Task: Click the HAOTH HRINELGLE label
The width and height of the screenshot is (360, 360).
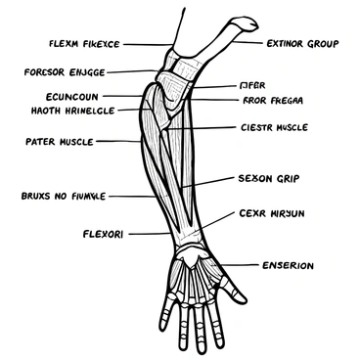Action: tap(59, 111)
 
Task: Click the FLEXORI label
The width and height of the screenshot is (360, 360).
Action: tap(101, 234)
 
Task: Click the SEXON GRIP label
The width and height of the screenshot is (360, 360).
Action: tap(268, 179)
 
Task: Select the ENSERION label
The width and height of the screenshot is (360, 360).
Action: tap(288, 265)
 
